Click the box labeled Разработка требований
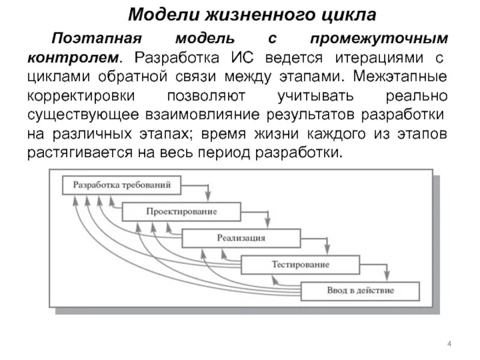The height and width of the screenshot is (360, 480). [121, 185]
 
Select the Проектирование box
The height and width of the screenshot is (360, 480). [181, 212]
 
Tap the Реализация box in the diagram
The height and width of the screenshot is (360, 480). [241, 238]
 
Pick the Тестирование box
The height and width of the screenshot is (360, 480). [300, 265]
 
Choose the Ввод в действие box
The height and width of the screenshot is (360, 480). [360, 291]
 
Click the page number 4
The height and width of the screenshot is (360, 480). [449, 343]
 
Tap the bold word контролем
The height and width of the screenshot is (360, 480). [71, 59]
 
